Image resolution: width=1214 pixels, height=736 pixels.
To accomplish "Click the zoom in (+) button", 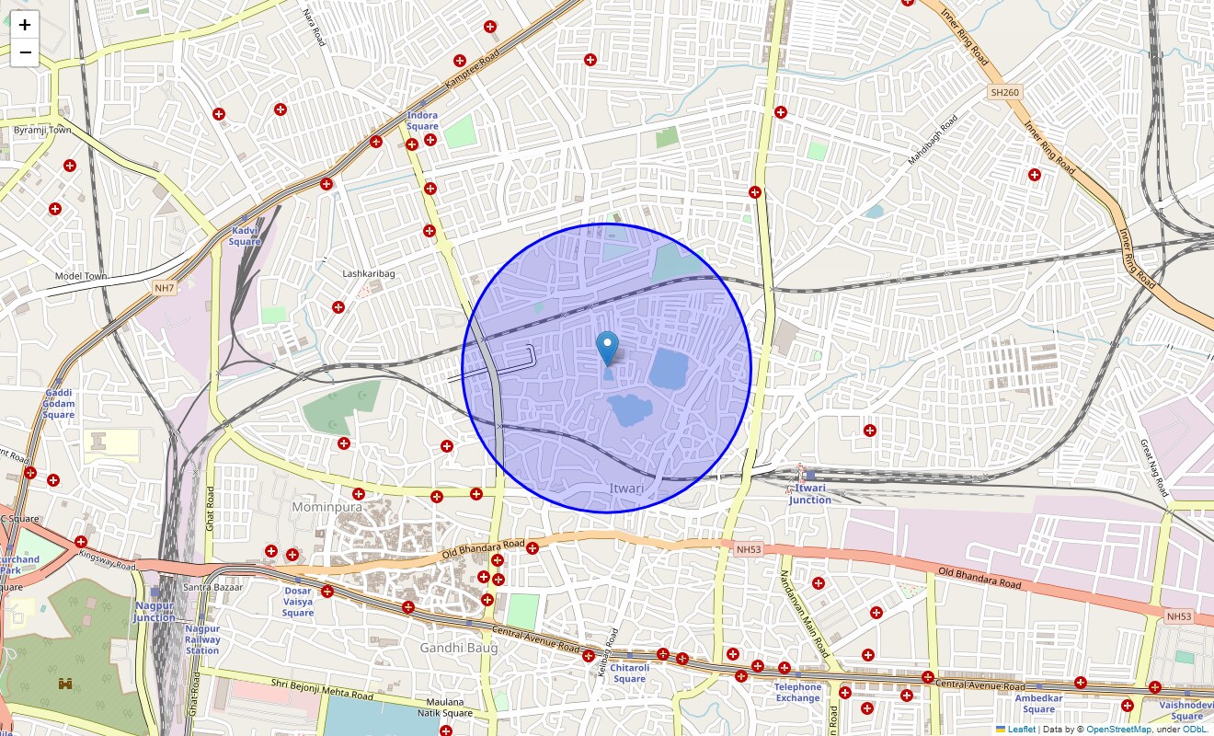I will [x=25, y=25].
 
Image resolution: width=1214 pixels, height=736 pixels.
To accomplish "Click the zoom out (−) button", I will [x=25, y=52].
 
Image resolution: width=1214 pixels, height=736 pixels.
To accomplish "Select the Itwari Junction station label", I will [x=809, y=494].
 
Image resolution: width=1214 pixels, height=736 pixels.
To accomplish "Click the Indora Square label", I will [x=422, y=121].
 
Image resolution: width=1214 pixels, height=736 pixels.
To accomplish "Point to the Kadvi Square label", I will [x=245, y=236].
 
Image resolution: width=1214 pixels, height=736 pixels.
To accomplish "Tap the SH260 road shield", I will [x=1005, y=92].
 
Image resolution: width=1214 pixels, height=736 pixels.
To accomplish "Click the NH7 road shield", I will [x=164, y=288].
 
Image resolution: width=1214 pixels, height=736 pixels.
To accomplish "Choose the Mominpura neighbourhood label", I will [x=326, y=507].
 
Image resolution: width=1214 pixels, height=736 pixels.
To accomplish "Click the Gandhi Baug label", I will [x=459, y=648].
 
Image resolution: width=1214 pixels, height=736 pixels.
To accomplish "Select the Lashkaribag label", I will [x=368, y=274].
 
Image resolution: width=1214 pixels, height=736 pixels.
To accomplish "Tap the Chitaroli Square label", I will [x=629, y=673].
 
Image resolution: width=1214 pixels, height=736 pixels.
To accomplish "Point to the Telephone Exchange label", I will [x=797, y=693].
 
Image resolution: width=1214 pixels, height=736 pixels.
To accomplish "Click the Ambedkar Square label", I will [x=1038, y=704].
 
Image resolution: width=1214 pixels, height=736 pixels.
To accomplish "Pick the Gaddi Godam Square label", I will [x=58, y=404].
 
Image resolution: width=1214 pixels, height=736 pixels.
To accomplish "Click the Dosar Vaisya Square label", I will [x=297, y=602].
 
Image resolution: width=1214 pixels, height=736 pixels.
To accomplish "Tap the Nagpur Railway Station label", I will [x=202, y=639].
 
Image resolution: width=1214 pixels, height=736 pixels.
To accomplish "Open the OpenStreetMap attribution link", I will [x=1118, y=730].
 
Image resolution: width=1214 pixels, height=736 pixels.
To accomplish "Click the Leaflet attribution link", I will [x=1021, y=730].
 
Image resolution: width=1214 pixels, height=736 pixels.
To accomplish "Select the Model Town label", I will [x=81, y=276].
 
